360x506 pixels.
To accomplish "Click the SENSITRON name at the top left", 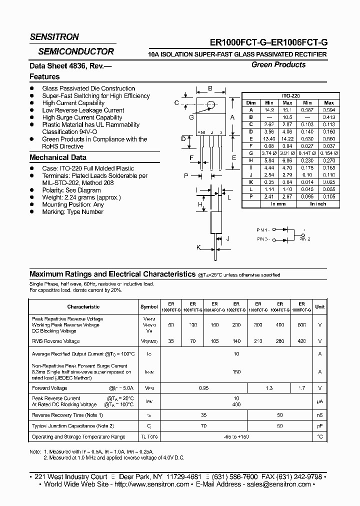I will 54,37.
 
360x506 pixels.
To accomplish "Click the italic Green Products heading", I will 278,64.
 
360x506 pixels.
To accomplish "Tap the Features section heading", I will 44,76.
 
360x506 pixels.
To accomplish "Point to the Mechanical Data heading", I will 58,157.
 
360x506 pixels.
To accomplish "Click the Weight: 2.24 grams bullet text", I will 81,197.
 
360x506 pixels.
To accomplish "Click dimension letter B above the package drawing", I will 210,88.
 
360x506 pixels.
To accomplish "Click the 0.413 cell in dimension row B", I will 328,116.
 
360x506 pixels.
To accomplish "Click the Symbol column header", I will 148,306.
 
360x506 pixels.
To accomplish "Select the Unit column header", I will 319,306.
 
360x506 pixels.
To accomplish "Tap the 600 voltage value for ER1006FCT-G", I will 301,325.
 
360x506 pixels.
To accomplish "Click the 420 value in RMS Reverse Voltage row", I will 301,341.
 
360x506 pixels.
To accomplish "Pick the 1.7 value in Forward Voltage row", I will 301,387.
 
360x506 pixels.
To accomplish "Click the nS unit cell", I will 319,415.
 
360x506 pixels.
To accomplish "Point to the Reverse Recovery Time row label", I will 67,415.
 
